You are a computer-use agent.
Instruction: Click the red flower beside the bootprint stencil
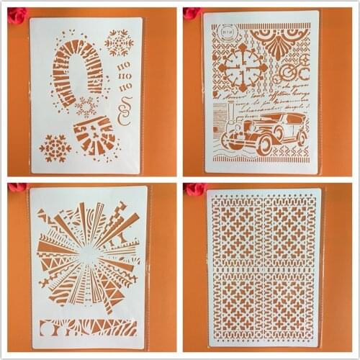pos(17,14)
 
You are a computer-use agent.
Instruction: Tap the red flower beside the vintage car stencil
pos(192,12)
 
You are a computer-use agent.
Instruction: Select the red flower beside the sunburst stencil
pos(17,188)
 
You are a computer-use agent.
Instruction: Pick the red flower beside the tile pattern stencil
pos(195,189)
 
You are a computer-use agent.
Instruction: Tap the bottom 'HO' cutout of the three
pos(125,87)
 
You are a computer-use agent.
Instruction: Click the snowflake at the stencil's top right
pos(119,42)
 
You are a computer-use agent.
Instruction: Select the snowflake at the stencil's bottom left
pos(55,148)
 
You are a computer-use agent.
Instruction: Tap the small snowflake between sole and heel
pos(86,108)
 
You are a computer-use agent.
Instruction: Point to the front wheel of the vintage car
pos(264,145)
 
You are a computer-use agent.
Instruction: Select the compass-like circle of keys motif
pos(243,68)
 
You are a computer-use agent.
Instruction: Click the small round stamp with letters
pos(228,32)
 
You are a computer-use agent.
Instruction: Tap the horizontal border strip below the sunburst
pos(87,327)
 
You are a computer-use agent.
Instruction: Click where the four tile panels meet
pos(264,268)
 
